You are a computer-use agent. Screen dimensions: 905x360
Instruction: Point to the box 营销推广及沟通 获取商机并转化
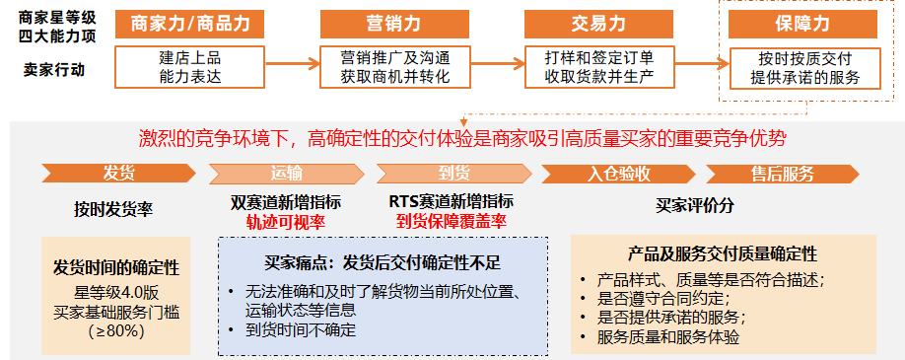[391, 66]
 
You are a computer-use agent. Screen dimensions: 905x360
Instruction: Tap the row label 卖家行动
[53, 70]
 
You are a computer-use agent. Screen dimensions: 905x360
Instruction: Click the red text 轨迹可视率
[286, 222]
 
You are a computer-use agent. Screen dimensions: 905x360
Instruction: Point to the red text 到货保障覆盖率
[452, 222]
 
